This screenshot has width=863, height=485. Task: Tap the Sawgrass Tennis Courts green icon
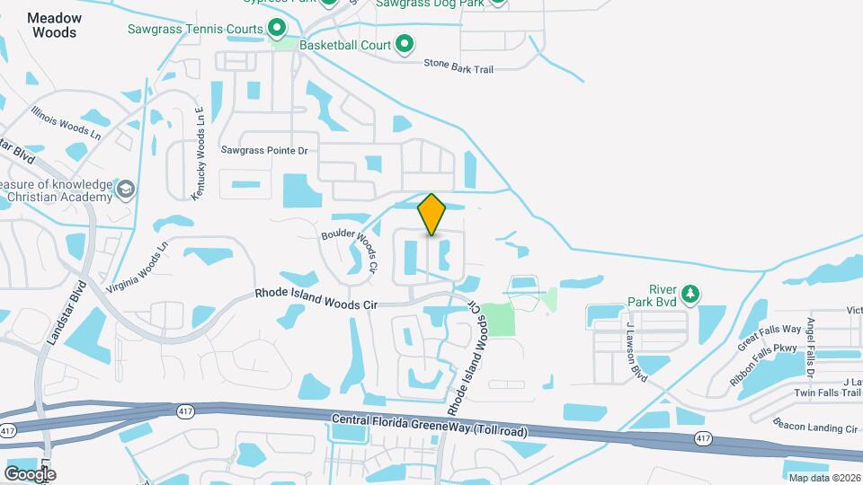278,29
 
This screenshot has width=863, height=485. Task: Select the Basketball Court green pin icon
405,43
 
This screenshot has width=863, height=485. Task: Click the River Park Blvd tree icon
690,294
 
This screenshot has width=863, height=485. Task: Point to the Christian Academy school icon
126,190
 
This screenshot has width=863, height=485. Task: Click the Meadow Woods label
53,25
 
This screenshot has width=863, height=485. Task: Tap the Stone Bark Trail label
459,62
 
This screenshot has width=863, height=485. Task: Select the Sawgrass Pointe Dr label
264,150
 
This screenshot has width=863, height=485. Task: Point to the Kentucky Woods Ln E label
200,154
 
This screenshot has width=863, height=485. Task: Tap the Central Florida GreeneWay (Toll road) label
430,426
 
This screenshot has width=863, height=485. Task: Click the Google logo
30,472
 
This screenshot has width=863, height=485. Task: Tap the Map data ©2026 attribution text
823,477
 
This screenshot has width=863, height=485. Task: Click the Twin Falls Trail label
828,394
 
